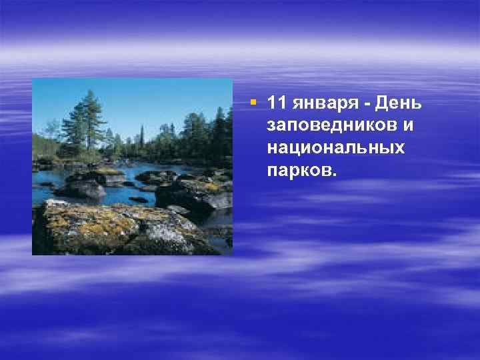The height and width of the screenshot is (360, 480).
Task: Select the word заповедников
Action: [331, 125]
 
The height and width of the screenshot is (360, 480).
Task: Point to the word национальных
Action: [335, 147]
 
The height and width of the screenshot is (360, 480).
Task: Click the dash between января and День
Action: [369, 105]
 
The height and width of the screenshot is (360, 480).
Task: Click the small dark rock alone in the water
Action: [138, 199]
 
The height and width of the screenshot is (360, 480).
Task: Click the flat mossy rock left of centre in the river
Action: [97, 177]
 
